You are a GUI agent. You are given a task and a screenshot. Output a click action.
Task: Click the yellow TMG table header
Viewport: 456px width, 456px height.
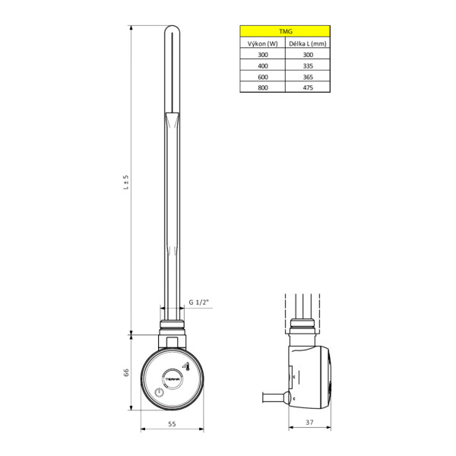285,31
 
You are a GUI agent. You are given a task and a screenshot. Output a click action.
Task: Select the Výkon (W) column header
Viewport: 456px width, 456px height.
262,44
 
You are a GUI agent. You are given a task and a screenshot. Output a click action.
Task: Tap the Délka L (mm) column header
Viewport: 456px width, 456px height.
308,44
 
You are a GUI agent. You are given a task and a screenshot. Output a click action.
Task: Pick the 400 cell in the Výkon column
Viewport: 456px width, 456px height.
262,66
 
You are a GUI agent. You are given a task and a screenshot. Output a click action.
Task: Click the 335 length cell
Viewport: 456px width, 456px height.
308,66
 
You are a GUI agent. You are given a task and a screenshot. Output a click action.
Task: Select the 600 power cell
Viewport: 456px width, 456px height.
262,77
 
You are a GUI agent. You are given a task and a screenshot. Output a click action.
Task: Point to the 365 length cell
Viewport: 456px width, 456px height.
308,77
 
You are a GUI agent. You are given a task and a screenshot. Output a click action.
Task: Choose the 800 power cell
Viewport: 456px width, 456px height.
262,87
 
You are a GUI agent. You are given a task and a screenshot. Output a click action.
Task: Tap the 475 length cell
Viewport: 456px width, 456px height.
308,87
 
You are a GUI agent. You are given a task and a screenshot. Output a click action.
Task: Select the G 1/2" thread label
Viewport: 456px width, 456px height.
198,302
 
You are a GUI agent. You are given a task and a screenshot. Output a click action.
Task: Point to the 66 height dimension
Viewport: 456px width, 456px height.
127,372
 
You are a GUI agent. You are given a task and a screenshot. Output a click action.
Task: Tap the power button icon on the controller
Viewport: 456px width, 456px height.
158,392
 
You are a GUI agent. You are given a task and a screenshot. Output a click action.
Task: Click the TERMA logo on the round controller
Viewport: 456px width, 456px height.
173,378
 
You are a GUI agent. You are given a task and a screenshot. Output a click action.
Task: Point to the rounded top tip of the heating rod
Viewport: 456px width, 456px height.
173,30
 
